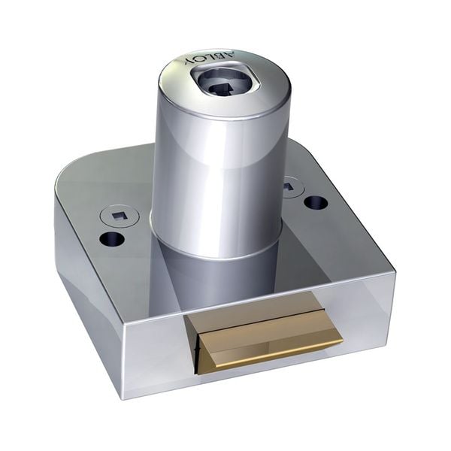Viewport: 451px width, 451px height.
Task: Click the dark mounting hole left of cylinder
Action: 111,240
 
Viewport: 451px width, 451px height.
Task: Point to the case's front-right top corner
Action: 392,272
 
